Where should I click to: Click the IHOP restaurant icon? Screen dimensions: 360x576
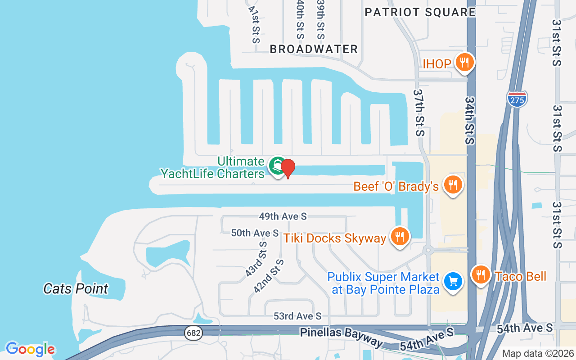464,62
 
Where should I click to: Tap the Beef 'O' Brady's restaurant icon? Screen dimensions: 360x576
453,184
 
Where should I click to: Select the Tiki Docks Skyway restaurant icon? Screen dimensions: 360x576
399,236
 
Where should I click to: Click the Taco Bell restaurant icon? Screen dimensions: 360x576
481,274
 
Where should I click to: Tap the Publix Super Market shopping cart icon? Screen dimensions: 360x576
453,282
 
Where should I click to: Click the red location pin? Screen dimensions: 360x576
288,168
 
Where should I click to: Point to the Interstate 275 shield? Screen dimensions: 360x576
517,99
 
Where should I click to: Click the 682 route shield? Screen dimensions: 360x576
193,333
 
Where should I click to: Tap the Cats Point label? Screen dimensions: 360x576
76,288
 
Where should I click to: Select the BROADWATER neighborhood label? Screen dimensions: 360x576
314,49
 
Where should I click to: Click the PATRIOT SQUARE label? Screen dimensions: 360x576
420,12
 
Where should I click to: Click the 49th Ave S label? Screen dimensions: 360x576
283,216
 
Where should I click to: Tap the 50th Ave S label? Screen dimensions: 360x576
255,233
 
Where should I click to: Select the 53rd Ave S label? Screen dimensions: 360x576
297,316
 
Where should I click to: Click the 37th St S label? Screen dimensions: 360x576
419,112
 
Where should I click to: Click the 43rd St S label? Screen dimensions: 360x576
256,259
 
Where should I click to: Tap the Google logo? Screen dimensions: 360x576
30,349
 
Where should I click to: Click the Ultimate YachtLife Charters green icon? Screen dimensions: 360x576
277,166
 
